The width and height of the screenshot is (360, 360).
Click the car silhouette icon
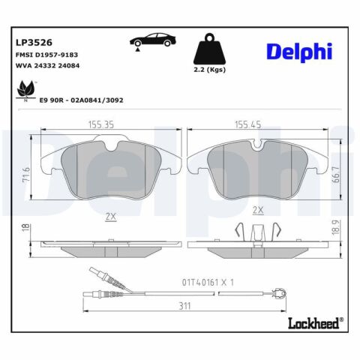point(150,42)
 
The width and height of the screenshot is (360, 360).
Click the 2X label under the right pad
point(259,210)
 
